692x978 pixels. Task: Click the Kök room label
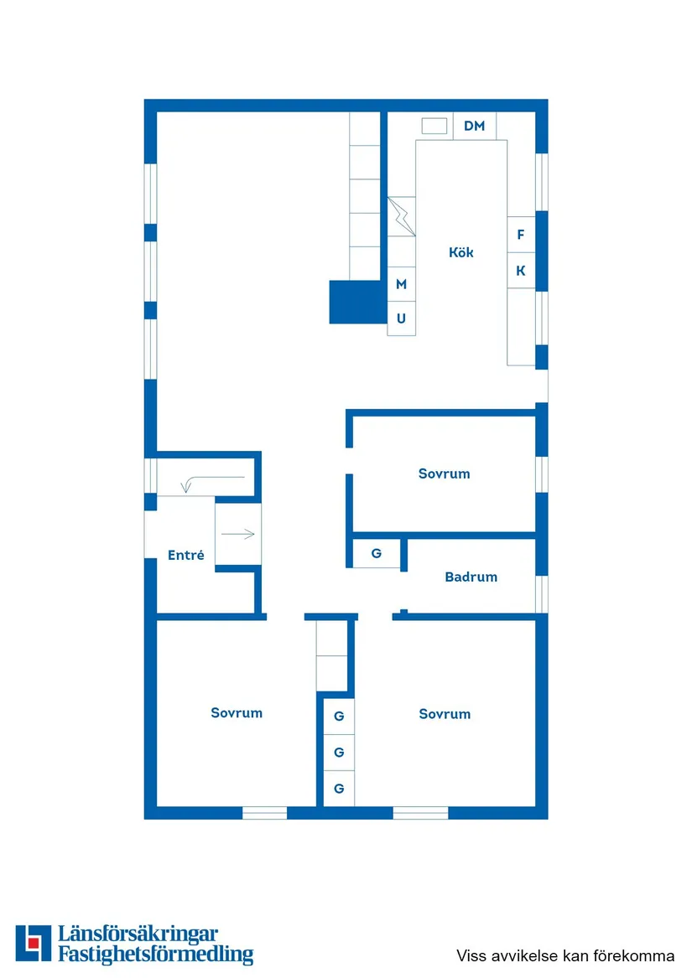(x=460, y=252)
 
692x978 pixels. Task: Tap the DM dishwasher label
(x=475, y=126)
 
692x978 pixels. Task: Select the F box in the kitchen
(x=521, y=235)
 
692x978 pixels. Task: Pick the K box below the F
(x=521, y=272)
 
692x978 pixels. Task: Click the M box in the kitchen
(x=401, y=285)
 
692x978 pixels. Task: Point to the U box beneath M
(x=401, y=318)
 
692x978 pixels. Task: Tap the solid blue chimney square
(x=357, y=302)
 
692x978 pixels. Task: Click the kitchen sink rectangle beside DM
(x=434, y=126)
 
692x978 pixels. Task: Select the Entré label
(x=185, y=555)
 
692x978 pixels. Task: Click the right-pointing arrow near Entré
(x=238, y=534)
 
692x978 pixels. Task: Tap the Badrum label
(x=471, y=577)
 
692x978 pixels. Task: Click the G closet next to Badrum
(x=377, y=553)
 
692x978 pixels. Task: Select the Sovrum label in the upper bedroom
(x=444, y=473)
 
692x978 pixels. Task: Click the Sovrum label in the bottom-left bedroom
(x=237, y=713)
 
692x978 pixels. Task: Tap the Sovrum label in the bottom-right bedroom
(x=445, y=714)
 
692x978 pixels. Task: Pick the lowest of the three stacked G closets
(x=339, y=789)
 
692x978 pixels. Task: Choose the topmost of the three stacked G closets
(x=339, y=717)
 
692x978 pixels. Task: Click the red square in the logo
(x=34, y=943)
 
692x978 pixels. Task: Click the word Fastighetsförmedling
(x=155, y=954)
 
